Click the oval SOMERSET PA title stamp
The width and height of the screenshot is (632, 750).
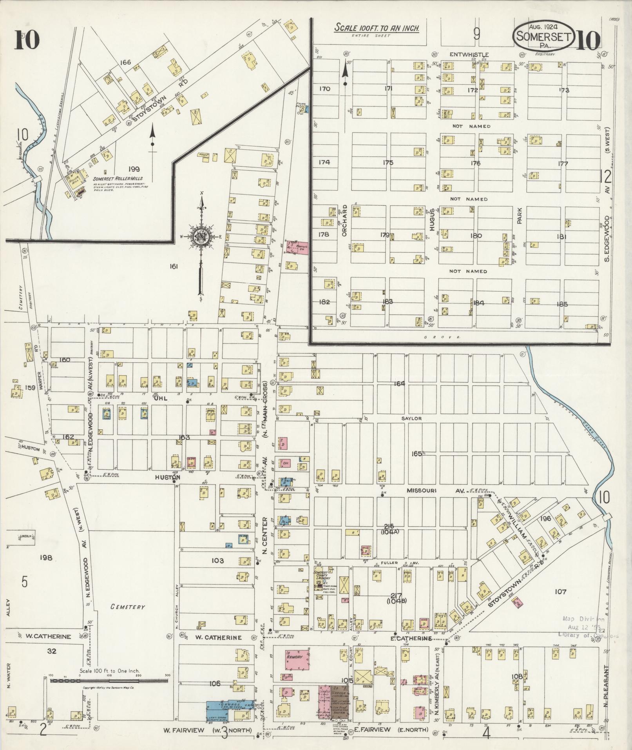tap(544, 36)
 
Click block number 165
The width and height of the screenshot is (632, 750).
tap(417, 454)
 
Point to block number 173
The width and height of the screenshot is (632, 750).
tap(564, 90)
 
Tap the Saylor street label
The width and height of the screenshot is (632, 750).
tap(411, 418)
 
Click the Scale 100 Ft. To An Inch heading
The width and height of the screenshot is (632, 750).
tap(377, 28)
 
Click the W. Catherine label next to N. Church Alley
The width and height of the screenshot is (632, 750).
tap(218, 637)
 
